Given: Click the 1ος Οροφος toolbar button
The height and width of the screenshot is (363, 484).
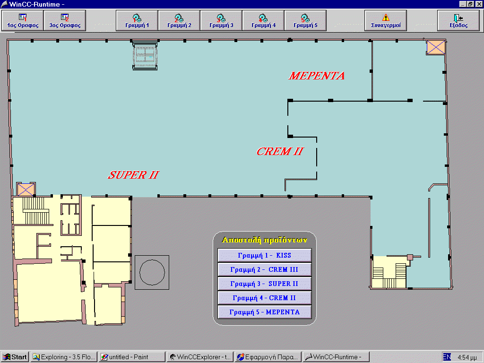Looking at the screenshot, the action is pos(23,21).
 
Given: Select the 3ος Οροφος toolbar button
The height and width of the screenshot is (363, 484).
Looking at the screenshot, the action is pos(65,21).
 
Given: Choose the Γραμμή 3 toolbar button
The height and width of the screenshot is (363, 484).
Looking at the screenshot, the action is pos(221,21).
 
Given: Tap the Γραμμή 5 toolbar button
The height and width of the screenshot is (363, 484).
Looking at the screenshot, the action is pos(305,21).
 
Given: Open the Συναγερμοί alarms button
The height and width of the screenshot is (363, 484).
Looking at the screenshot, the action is pos(386,21).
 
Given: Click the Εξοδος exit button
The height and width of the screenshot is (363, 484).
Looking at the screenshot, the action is pos(458,21).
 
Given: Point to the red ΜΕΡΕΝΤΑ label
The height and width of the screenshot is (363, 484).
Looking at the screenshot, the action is pos(317,76).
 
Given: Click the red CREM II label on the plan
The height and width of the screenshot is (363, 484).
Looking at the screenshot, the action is pos(280,151).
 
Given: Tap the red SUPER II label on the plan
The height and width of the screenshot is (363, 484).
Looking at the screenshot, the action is pos(133,175).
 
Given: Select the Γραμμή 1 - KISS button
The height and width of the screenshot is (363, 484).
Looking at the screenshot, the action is pos(265,255).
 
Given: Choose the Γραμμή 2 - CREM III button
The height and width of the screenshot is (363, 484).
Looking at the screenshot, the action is pos(265,269).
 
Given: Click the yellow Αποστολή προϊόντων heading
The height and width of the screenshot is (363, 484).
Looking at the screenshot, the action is pos(265,240).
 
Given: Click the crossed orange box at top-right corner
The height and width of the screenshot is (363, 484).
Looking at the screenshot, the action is pos(436,48).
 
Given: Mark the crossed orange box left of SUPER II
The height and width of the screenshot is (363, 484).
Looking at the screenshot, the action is pos(26,189).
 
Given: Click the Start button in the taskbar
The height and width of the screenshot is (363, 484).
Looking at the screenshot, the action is pos(15,357).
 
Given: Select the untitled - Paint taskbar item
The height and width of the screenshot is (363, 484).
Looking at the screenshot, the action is pos(132,357).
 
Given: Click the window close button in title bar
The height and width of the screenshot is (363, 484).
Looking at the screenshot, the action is pos(479,4).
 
